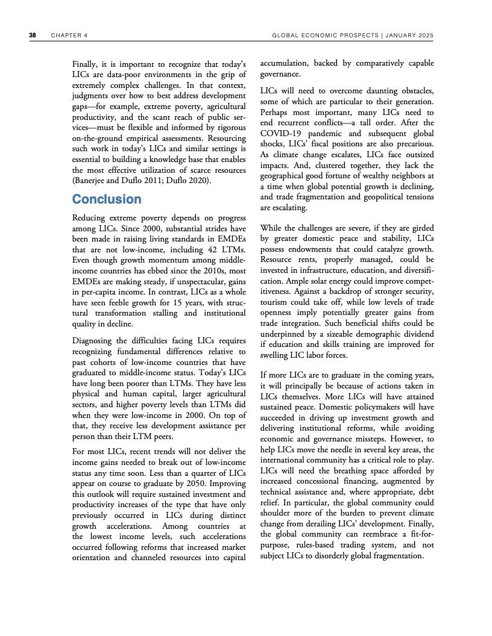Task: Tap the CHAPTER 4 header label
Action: tap(69, 36)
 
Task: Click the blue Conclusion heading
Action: tap(107, 199)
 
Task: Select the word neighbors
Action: tap(405, 175)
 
